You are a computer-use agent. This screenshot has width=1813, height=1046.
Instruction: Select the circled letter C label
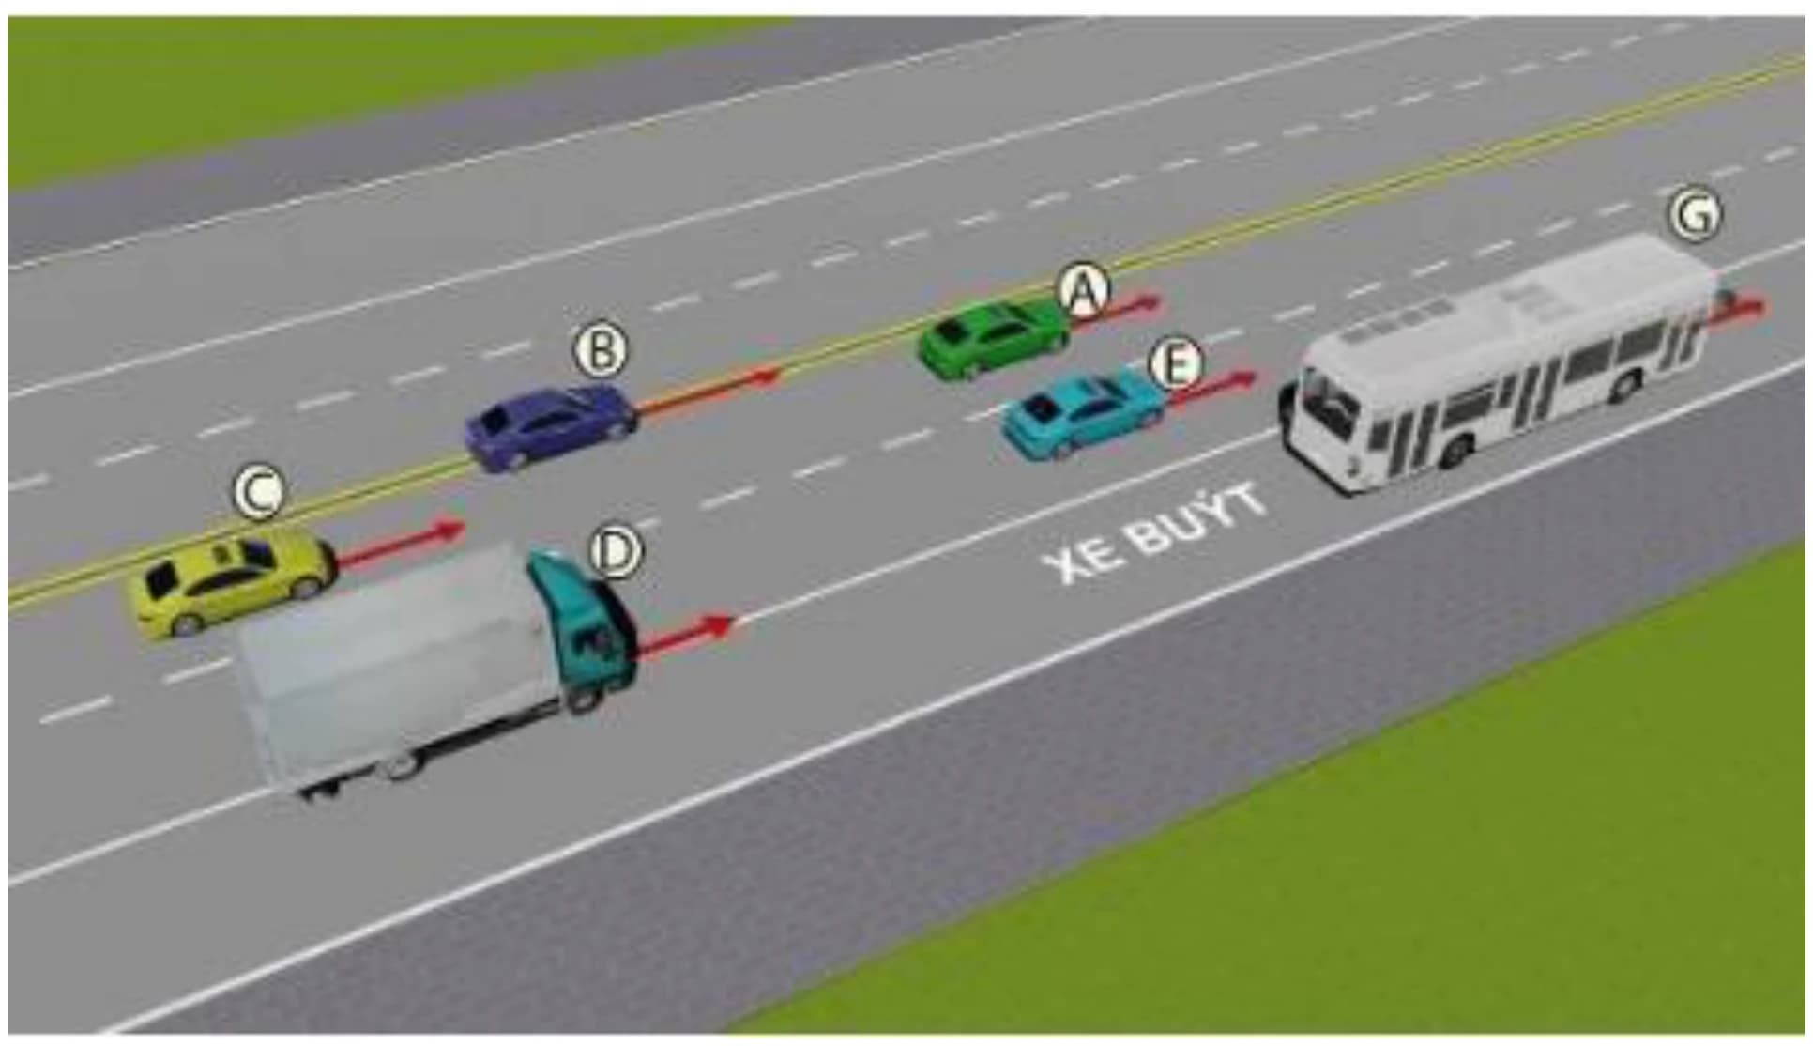pyautogui.click(x=259, y=492)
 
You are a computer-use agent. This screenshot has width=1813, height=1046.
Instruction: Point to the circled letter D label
pyautogui.click(x=615, y=551)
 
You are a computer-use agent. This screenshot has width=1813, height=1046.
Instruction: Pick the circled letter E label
pyautogui.click(x=1176, y=364)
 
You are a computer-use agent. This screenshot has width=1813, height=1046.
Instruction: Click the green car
pyautogui.click(x=993, y=338)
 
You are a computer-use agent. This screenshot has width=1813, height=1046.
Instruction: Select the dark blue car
pyautogui.click(x=552, y=427)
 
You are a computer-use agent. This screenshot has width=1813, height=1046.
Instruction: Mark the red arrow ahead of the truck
pyautogui.click(x=686, y=634)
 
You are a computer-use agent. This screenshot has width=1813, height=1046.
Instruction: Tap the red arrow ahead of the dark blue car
pyautogui.click(x=709, y=391)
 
